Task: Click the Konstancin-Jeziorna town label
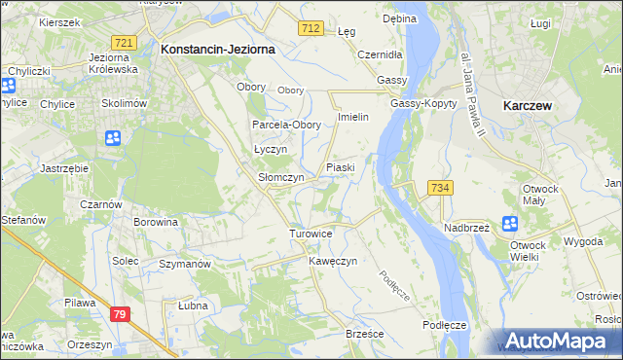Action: [218, 48]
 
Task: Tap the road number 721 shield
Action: [124, 43]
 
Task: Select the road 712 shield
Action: [311, 29]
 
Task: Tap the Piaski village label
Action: [340, 167]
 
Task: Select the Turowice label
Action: [311, 234]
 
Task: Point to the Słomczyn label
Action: [281, 178]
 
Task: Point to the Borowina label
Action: [157, 222]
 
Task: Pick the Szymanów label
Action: [185, 264]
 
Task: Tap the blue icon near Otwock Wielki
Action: [510, 224]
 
